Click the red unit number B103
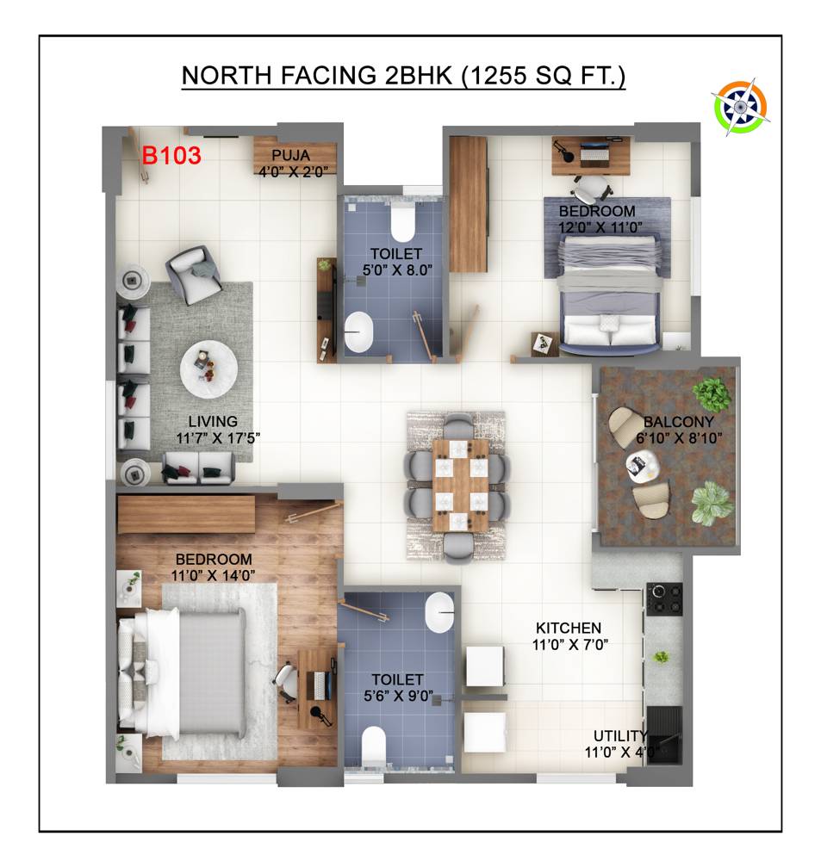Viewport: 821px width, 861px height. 171,155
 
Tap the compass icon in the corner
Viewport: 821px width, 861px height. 740,107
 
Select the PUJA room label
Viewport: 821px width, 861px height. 290,155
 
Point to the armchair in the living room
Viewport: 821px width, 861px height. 194,274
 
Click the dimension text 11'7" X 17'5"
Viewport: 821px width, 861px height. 218,438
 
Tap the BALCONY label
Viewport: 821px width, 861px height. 679,422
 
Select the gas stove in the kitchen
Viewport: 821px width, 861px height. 664,599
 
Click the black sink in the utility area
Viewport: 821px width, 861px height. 664,734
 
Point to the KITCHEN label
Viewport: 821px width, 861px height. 569,628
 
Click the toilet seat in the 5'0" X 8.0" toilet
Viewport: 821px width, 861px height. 403,223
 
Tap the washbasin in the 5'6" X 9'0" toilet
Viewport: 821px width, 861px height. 439,613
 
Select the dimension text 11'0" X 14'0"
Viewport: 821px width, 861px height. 213,575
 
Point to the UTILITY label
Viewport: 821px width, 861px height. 619,735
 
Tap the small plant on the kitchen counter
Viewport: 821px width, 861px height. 661,657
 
